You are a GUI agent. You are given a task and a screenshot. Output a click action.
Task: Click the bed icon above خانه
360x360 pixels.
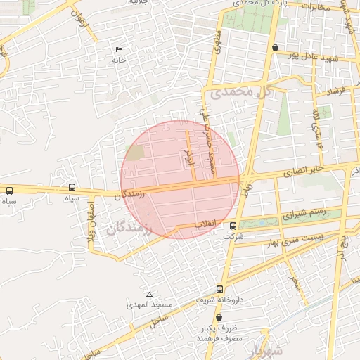click(118, 49)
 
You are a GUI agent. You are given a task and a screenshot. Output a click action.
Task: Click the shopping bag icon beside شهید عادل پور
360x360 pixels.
click(274, 48)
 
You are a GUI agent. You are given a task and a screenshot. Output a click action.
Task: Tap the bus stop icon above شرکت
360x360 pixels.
click(233, 225)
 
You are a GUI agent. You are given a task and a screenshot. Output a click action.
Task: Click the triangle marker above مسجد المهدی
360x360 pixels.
click(149, 295)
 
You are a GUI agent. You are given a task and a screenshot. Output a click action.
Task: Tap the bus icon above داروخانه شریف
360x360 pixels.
click(220, 289)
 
